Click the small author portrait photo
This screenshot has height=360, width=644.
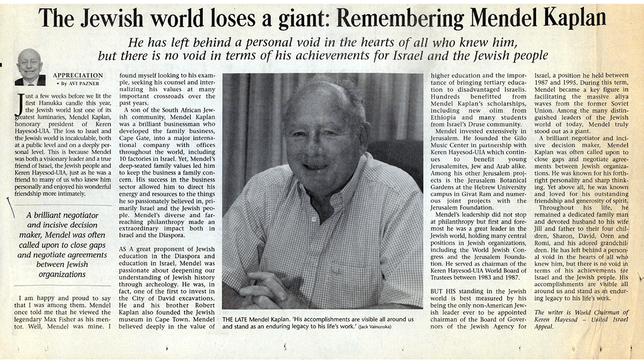30,67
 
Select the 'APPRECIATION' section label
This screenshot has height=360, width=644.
78,76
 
